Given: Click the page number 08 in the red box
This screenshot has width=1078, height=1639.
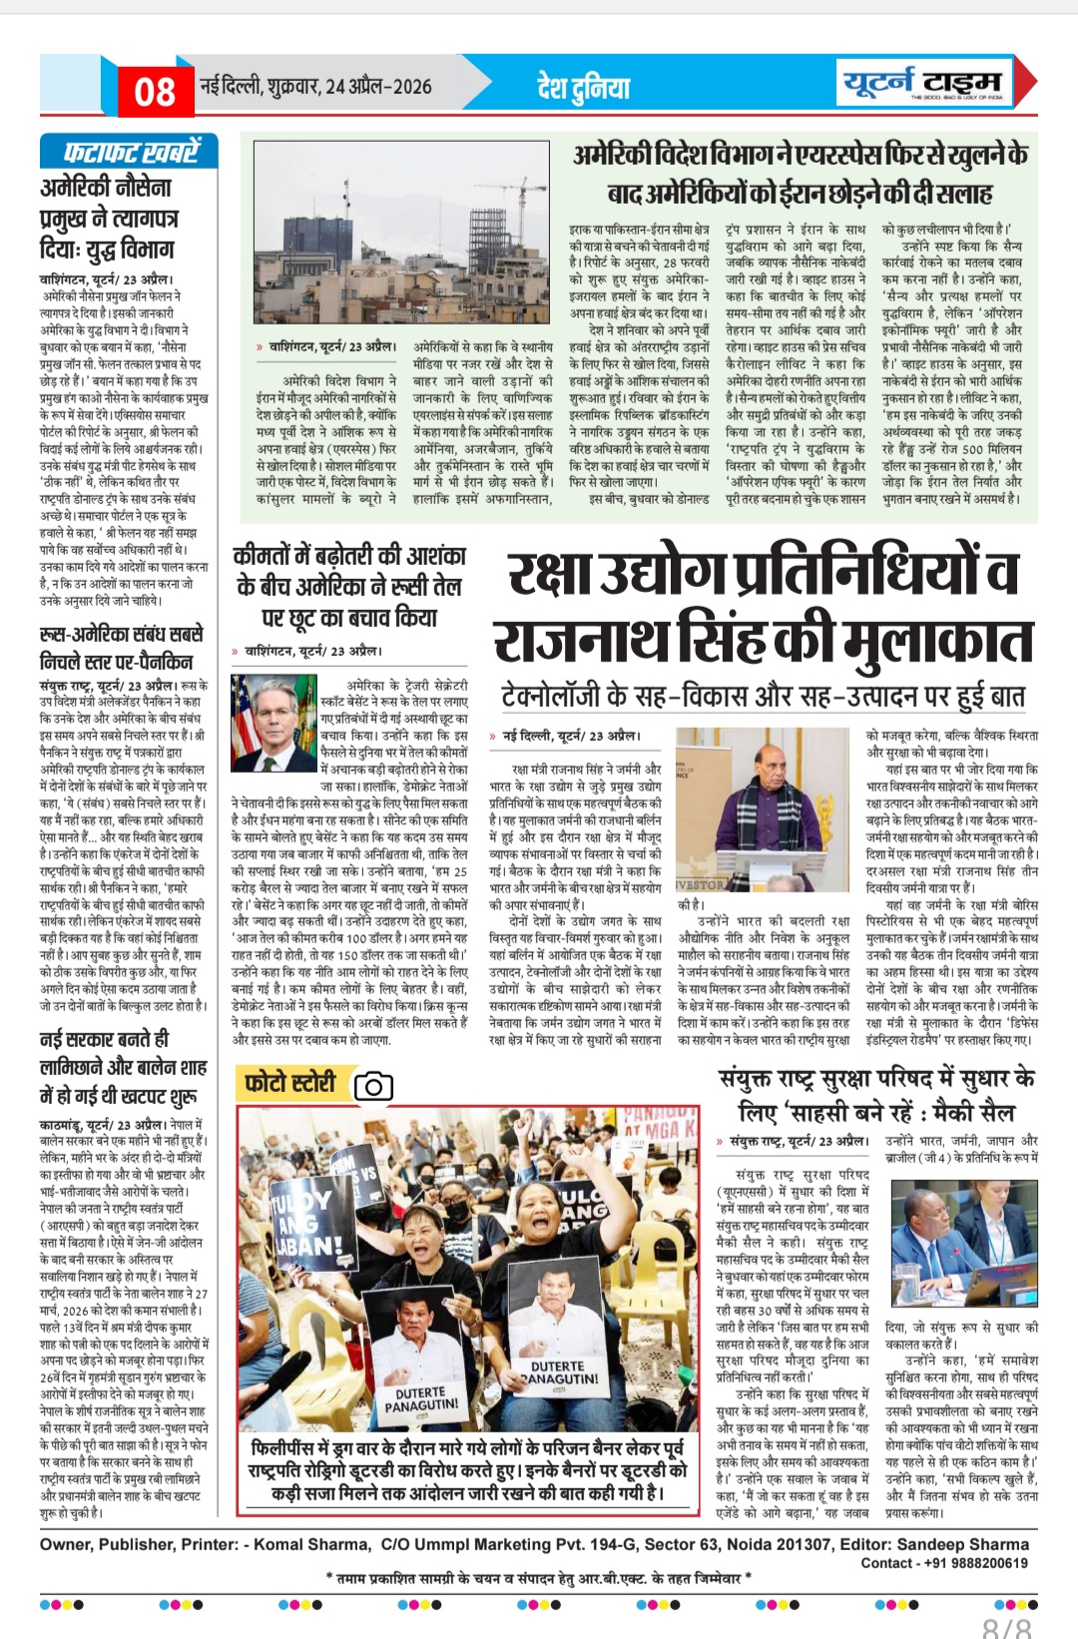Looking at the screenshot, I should [x=154, y=92].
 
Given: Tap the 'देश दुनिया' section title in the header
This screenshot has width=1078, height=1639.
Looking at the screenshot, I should [x=584, y=88].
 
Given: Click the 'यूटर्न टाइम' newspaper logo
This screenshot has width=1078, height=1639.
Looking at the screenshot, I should [x=921, y=83].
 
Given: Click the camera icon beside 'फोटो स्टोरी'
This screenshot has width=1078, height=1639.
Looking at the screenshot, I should [x=373, y=1086].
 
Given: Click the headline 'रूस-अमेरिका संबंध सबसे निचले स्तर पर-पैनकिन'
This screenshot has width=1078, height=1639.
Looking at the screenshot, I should [x=122, y=648].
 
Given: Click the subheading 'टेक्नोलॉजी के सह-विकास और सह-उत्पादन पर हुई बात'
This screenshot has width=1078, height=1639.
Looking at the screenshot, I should [x=764, y=696].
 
